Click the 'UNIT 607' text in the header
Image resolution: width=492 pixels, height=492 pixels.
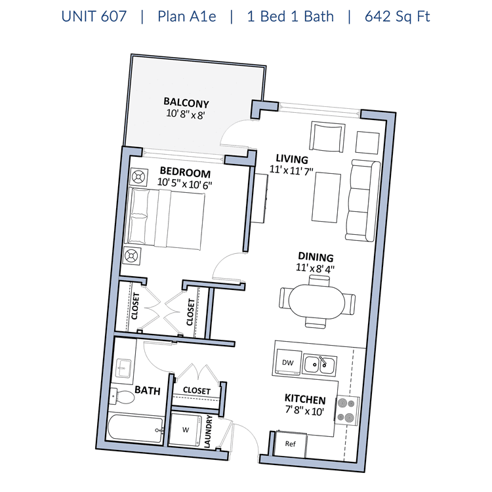[94, 16]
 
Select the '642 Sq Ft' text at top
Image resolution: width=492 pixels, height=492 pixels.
[398, 16]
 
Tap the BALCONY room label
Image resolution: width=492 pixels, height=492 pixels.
[186, 102]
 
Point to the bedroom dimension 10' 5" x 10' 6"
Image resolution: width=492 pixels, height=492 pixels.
[186, 185]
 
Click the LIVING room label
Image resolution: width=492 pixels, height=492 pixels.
[292, 159]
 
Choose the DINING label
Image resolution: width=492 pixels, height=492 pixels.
[316, 257]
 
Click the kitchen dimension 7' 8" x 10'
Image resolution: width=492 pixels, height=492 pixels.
[304, 411]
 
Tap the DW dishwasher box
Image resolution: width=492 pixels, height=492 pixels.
[287, 363]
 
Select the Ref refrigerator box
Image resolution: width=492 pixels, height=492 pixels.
[290, 443]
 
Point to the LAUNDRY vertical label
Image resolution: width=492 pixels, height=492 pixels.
[209, 432]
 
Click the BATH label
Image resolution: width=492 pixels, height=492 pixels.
[148, 390]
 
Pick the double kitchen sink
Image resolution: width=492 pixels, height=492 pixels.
[319, 364]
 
